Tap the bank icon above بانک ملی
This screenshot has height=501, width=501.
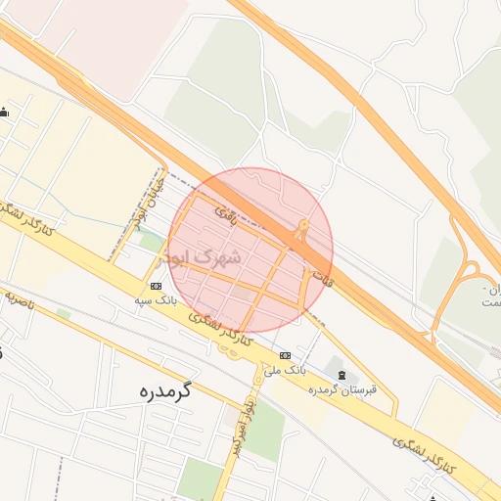pos(285,355)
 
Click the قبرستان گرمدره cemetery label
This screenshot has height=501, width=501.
pos(342,390)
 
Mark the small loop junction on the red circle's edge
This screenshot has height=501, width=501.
pos(302,231)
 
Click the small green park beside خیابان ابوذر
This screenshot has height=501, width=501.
pos(150,241)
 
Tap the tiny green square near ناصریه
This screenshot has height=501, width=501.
pos(64,314)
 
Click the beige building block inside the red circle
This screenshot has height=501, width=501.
pos(242,293)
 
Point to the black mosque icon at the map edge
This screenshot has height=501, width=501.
pos(5,113)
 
